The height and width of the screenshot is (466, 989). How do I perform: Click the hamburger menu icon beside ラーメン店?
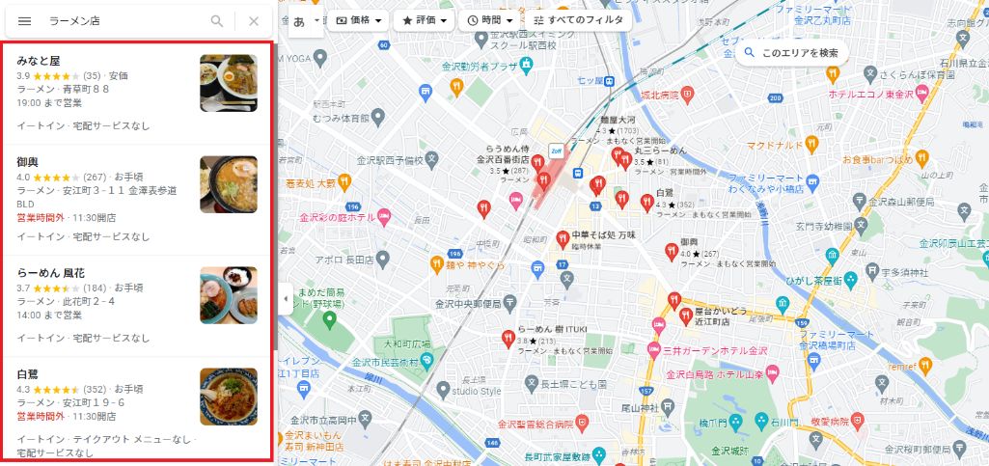(x=24, y=20)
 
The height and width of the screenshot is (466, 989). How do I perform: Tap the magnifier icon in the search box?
(x=217, y=20)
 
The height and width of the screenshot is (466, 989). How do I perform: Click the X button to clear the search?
(x=254, y=20)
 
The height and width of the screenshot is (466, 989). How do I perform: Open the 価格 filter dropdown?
(x=357, y=19)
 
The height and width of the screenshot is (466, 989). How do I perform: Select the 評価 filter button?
(x=425, y=19)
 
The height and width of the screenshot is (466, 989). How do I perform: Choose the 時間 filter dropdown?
(x=490, y=19)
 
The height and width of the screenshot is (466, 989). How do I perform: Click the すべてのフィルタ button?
(x=578, y=19)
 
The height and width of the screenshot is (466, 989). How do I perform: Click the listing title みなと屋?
(x=38, y=60)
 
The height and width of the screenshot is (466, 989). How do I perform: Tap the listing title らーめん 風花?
(x=50, y=273)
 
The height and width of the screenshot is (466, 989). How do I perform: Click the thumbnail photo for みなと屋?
(x=229, y=84)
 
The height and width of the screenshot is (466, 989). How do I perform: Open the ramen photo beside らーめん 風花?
(x=229, y=294)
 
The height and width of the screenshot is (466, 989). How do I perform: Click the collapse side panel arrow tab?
(x=285, y=299)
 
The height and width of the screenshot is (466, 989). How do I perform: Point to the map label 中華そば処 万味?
(x=606, y=234)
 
